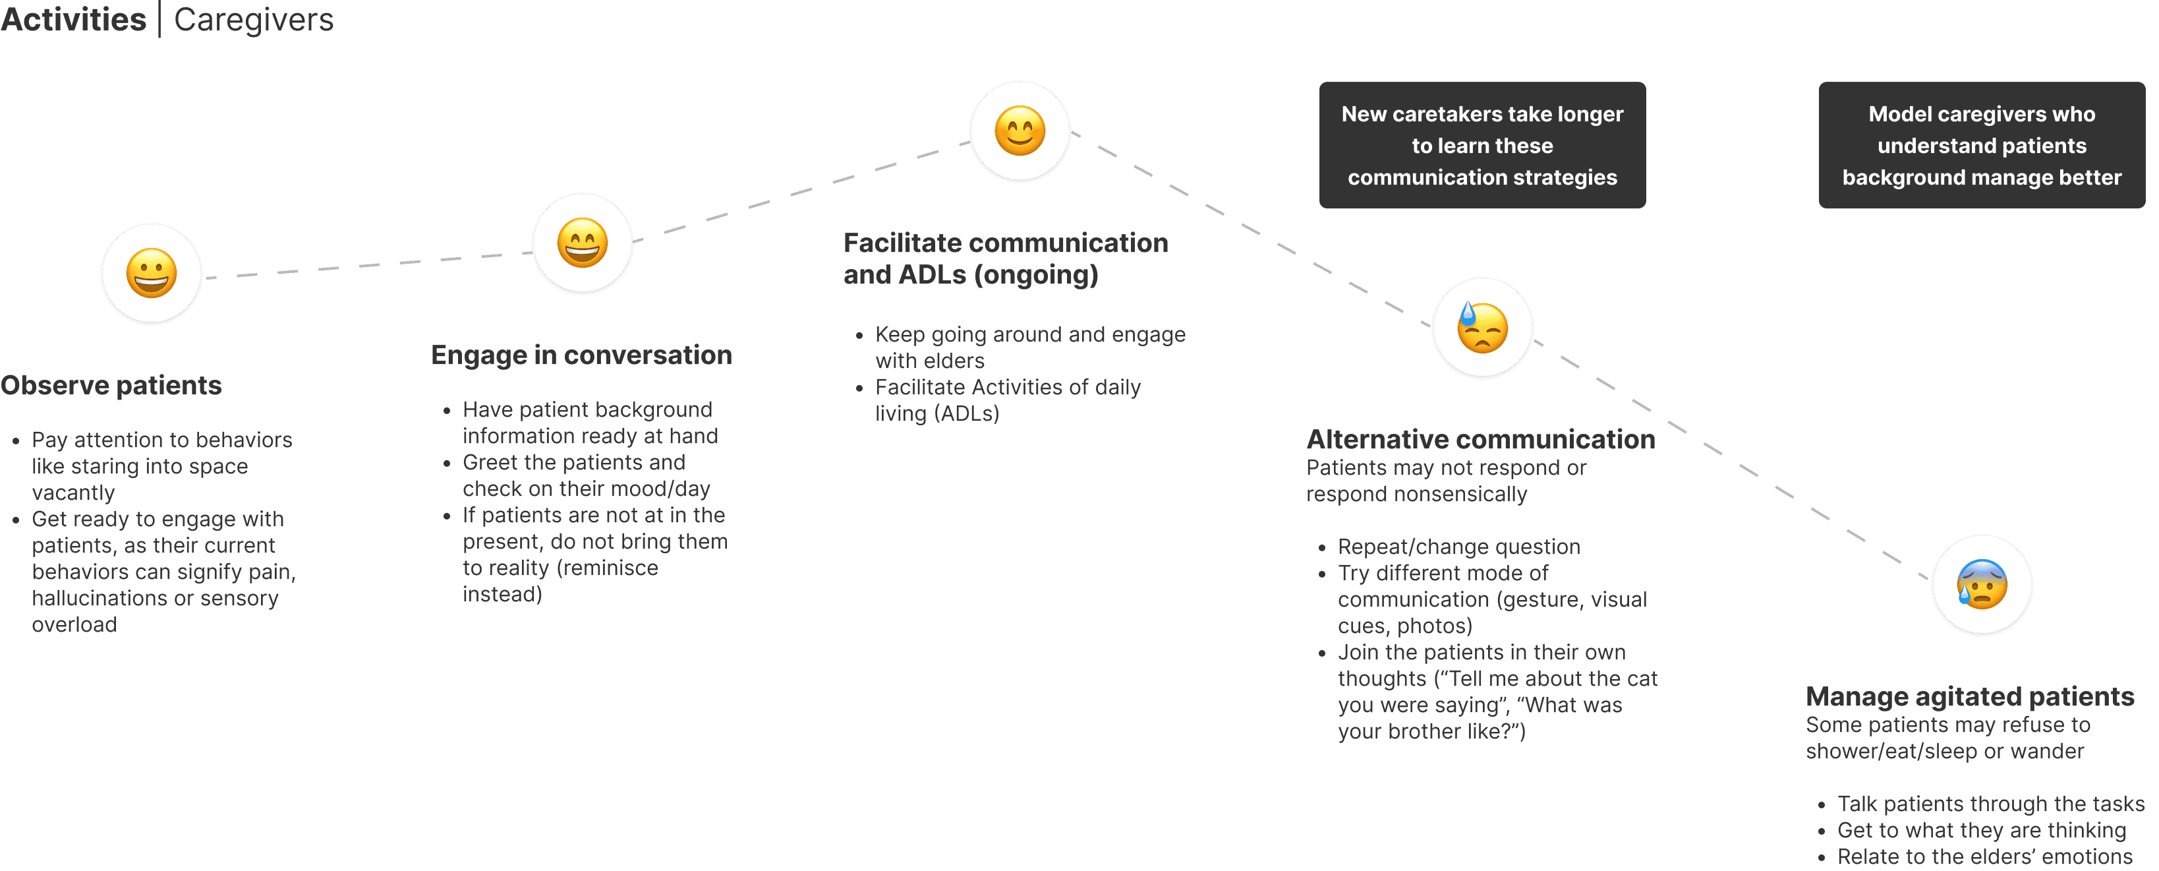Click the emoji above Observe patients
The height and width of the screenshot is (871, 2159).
(152, 273)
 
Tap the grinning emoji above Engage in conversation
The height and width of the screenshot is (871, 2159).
(583, 243)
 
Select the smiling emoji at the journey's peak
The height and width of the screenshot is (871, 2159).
(1020, 131)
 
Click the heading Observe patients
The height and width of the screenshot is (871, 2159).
(111, 386)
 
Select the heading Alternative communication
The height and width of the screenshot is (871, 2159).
(1480, 439)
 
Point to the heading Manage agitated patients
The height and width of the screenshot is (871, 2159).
(1970, 697)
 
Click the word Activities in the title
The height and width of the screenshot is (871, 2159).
(74, 19)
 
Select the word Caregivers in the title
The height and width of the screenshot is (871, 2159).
(253, 19)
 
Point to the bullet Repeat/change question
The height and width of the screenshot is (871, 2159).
(1458, 547)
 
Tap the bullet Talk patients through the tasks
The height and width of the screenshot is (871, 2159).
(1990, 804)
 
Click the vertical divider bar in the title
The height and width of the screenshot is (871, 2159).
(159, 19)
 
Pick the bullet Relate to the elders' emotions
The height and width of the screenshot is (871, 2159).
(1984, 856)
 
